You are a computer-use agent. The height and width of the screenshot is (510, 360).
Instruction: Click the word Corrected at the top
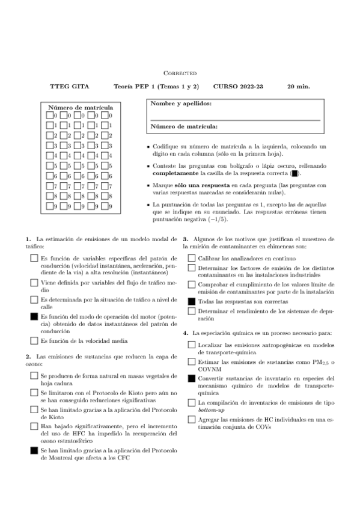[x=180, y=73]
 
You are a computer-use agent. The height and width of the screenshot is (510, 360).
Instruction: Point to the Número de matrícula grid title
[x=81, y=108]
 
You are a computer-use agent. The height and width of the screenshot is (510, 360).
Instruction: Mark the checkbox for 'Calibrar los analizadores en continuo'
[x=191, y=257]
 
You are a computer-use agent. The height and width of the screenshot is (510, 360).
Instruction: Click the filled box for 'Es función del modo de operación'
[x=34, y=316]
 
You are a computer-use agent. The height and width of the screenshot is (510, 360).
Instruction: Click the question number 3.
[x=185, y=239]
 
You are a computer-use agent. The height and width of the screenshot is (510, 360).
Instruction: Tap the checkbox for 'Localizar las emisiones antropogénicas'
[x=191, y=345]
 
